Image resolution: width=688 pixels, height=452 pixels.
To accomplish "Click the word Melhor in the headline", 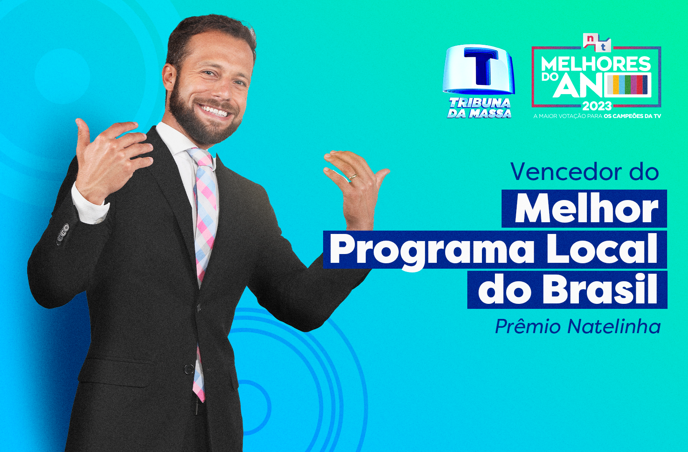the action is click(x=586, y=209).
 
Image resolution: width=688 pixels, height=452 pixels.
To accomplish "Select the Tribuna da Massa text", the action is click(x=479, y=108).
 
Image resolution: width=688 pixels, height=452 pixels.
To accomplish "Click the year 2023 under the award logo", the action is click(x=597, y=106).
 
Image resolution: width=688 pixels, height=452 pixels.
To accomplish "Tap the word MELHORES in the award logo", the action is click(x=596, y=64).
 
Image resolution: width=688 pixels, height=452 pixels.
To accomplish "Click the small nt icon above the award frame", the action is click(x=596, y=43).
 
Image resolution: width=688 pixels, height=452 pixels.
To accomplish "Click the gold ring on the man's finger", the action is click(x=352, y=177).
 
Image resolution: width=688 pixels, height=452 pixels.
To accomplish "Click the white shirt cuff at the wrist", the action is click(x=89, y=206).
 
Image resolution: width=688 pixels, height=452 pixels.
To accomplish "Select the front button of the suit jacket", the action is click(x=189, y=369).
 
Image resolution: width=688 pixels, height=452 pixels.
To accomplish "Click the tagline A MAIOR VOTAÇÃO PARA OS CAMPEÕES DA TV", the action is click(x=597, y=116).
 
